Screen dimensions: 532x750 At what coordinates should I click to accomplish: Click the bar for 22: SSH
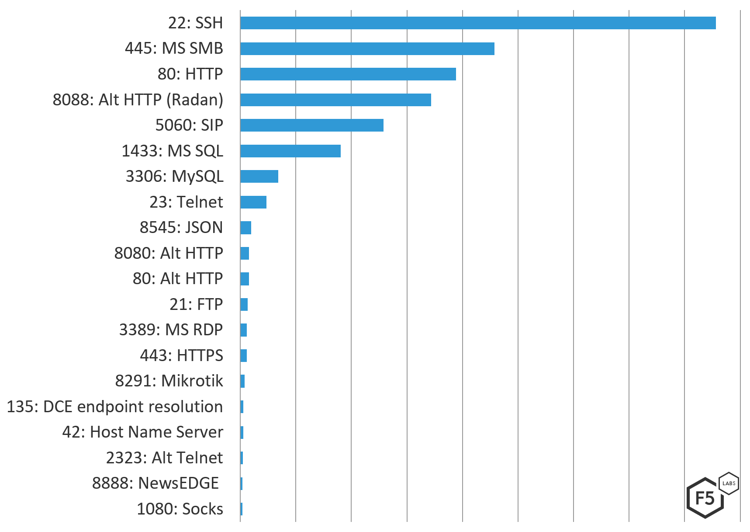pyautogui.click(x=478, y=23)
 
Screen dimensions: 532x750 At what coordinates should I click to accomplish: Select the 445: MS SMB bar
pyautogui.click(x=367, y=49)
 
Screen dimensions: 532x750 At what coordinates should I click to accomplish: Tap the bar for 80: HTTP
pyautogui.click(x=348, y=74)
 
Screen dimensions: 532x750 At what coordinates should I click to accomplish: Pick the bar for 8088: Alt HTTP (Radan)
pyautogui.click(x=335, y=100)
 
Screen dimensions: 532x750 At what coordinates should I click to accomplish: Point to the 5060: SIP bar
pyautogui.click(x=311, y=125)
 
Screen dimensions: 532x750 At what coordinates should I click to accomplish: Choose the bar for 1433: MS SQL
pyautogui.click(x=290, y=151)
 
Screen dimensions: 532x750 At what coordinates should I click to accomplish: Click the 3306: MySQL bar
pyautogui.click(x=259, y=176)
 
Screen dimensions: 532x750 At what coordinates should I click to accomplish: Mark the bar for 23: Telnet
pyautogui.click(x=253, y=202)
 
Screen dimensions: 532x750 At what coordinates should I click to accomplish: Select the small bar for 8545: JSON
pyautogui.click(x=245, y=228)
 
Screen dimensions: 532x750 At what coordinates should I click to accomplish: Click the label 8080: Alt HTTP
pyautogui.click(x=169, y=253)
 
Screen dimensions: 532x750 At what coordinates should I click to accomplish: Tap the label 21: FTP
pyautogui.click(x=196, y=304)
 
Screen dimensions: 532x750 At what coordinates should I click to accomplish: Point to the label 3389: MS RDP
pyautogui.click(x=171, y=330)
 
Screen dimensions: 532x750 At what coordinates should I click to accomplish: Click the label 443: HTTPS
pyautogui.click(x=181, y=355)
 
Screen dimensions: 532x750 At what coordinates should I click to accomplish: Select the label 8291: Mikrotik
pyautogui.click(x=169, y=381)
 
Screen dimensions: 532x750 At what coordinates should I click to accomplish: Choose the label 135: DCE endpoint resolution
pyautogui.click(x=115, y=407)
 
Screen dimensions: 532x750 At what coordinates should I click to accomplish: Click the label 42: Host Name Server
pyautogui.click(x=142, y=432)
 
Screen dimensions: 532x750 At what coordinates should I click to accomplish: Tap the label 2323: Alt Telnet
pyautogui.click(x=164, y=458)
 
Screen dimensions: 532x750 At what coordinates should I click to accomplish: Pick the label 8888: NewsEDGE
pyautogui.click(x=156, y=483)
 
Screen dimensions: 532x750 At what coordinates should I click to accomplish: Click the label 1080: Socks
pyautogui.click(x=180, y=509)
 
